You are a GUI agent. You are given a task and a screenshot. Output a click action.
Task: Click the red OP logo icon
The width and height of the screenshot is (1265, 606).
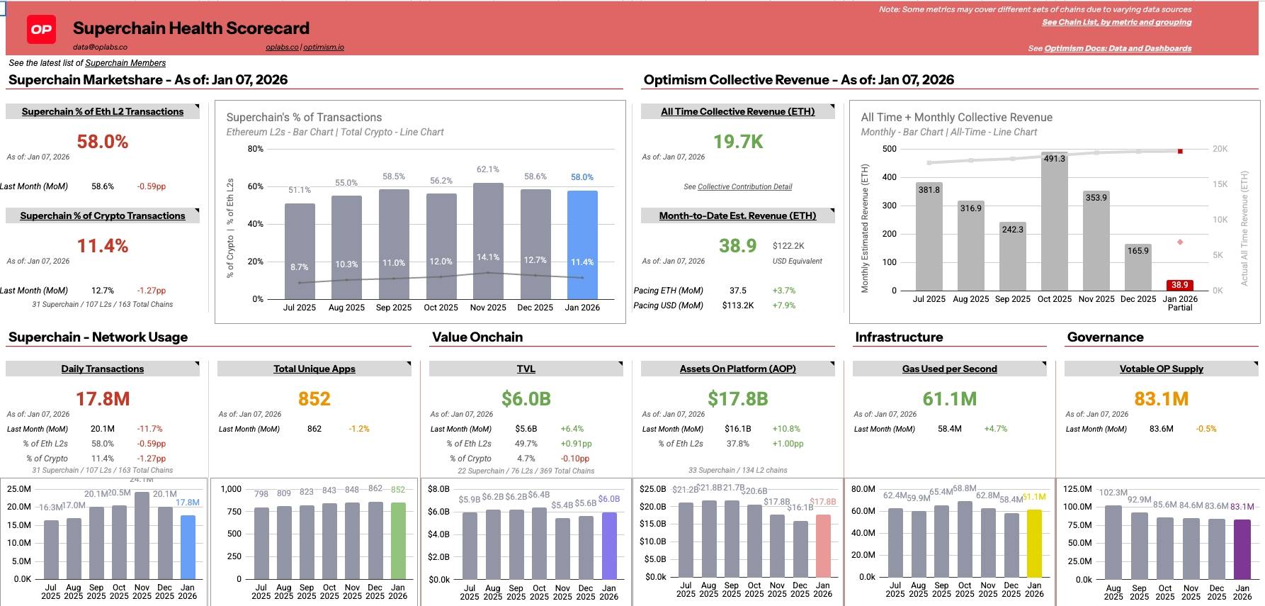click(41, 29)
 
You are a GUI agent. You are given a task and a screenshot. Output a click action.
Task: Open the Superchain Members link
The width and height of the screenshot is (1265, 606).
click(125, 63)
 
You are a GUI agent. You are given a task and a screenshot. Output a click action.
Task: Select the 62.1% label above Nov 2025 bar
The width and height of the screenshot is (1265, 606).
click(488, 169)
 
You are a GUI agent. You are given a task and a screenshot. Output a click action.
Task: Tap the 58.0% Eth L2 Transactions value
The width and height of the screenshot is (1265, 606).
click(103, 142)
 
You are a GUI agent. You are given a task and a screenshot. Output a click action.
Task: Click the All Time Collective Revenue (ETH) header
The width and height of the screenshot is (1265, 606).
click(737, 111)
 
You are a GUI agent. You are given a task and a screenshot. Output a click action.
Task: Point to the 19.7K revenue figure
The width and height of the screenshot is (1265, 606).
click(738, 142)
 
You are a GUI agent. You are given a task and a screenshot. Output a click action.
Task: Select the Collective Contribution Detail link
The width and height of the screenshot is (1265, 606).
click(744, 187)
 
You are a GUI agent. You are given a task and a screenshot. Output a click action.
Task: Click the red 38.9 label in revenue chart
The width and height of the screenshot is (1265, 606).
click(1180, 285)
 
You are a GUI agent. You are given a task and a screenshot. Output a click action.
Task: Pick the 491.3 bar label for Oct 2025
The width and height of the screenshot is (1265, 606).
click(1055, 159)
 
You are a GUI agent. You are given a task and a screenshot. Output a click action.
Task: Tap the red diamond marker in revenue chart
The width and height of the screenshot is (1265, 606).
click(1180, 242)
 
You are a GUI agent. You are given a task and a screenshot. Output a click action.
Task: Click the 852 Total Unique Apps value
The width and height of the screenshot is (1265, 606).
click(314, 399)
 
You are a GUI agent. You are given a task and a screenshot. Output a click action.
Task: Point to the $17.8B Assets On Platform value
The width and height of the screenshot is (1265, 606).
click(738, 399)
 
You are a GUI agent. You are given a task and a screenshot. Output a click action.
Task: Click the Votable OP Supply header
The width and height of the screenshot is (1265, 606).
click(1161, 369)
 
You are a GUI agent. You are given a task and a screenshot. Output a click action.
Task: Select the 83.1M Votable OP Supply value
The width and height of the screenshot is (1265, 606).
click(1161, 399)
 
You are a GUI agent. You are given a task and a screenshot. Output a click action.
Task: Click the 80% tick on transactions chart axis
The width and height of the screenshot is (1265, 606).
click(256, 149)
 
